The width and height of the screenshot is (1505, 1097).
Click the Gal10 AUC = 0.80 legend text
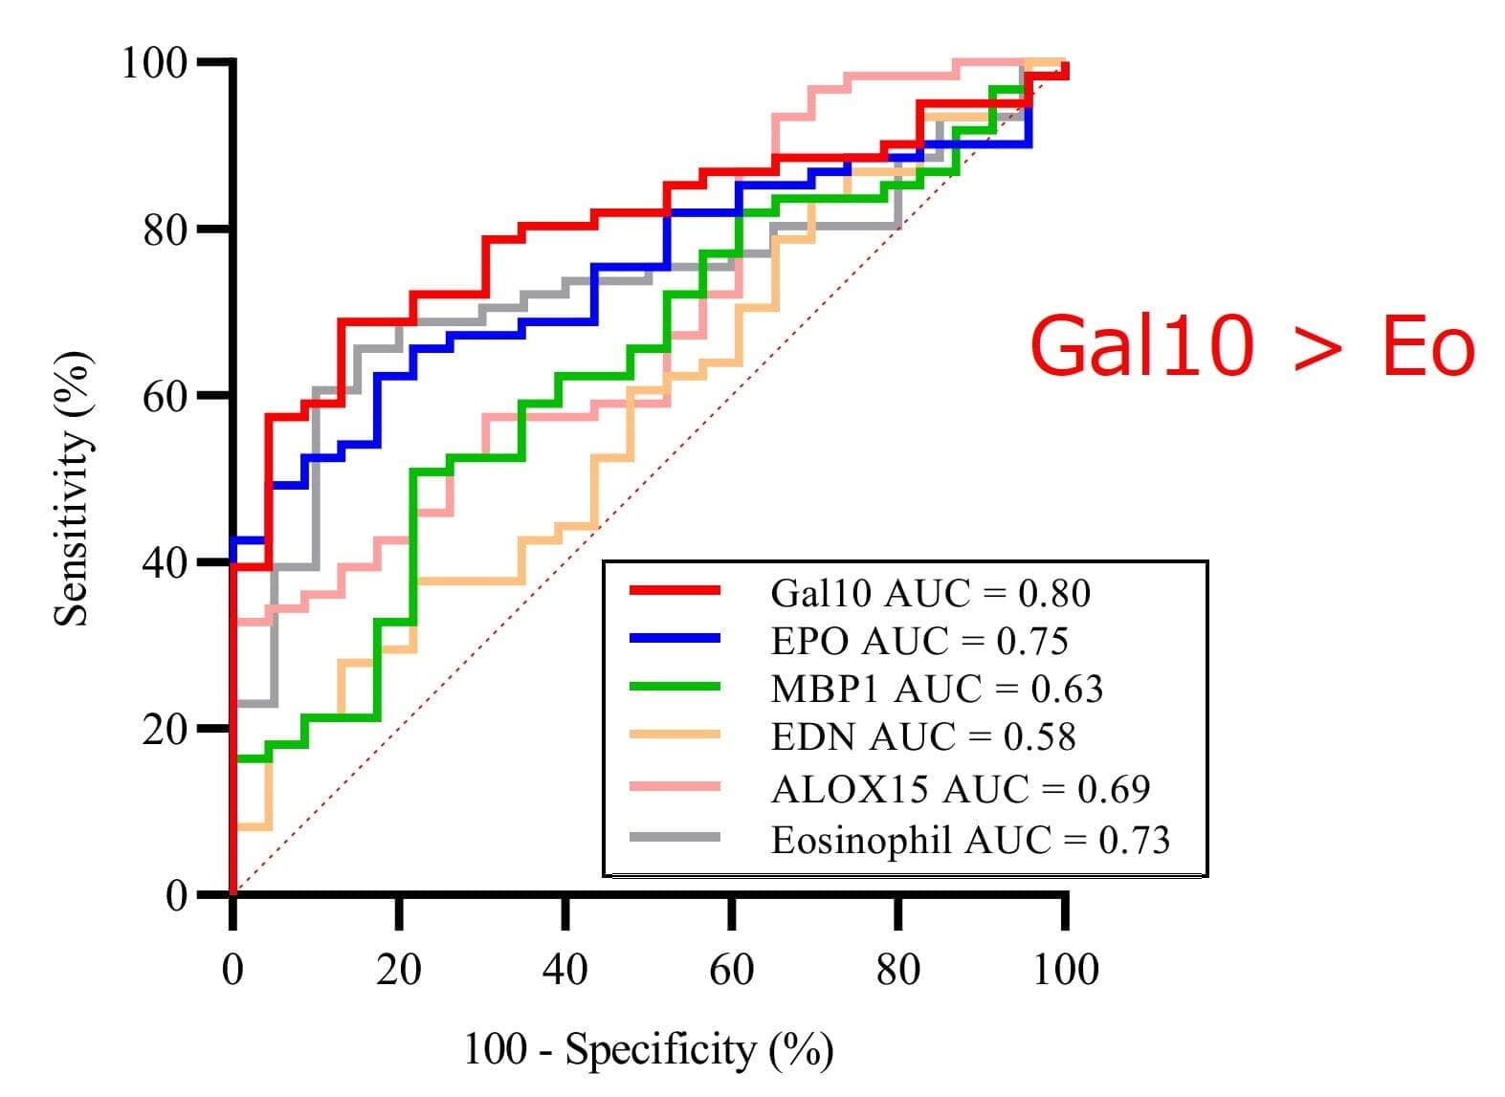(929, 594)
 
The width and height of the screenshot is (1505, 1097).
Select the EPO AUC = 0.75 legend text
(918, 642)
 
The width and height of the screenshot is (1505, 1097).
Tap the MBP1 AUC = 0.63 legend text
(936, 690)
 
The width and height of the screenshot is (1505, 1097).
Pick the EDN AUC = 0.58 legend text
(922, 737)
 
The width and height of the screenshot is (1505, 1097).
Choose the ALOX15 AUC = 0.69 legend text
(960, 789)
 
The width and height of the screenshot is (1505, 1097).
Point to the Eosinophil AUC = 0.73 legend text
(970, 840)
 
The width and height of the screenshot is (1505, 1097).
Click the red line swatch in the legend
(675, 591)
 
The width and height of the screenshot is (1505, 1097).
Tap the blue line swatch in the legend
(675, 638)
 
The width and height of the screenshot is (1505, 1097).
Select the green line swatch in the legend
(675, 686)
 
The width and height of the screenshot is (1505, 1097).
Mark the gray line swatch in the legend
(675, 837)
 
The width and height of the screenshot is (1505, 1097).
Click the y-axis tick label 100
(153, 63)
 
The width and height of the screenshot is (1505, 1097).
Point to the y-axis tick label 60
(165, 396)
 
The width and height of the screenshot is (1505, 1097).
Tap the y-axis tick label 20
(165, 730)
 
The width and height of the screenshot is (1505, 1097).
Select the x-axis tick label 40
(564, 970)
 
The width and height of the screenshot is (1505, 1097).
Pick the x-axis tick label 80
(897, 970)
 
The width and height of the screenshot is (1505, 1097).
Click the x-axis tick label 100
(1065, 970)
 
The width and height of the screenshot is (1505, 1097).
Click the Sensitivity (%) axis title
(72, 488)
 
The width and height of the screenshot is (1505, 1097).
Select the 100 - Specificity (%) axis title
(649, 1050)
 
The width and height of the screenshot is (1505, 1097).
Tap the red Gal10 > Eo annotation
(1251, 346)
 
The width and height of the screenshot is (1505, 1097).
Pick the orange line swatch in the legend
(675, 735)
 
